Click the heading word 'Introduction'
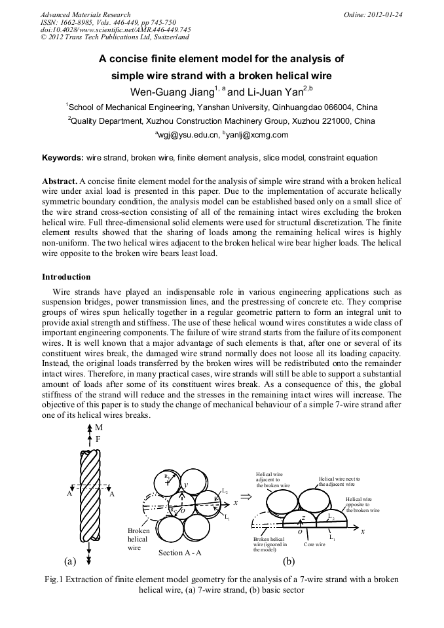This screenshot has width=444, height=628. tap(66, 277)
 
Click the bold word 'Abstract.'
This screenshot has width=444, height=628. tap(60, 181)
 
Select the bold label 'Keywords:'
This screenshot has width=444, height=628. tap(63, 158)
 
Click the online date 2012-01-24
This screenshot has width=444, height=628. tap(386, 14)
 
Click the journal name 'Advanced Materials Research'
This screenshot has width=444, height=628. tap(86, 14)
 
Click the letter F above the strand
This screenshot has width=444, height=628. tap(98, 439)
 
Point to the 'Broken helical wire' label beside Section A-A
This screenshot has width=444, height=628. tap(139, 539)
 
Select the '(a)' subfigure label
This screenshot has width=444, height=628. tap(70, 561)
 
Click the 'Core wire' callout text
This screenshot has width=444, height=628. tap(314, 544)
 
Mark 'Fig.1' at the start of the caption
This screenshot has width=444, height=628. tap(53, 580)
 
